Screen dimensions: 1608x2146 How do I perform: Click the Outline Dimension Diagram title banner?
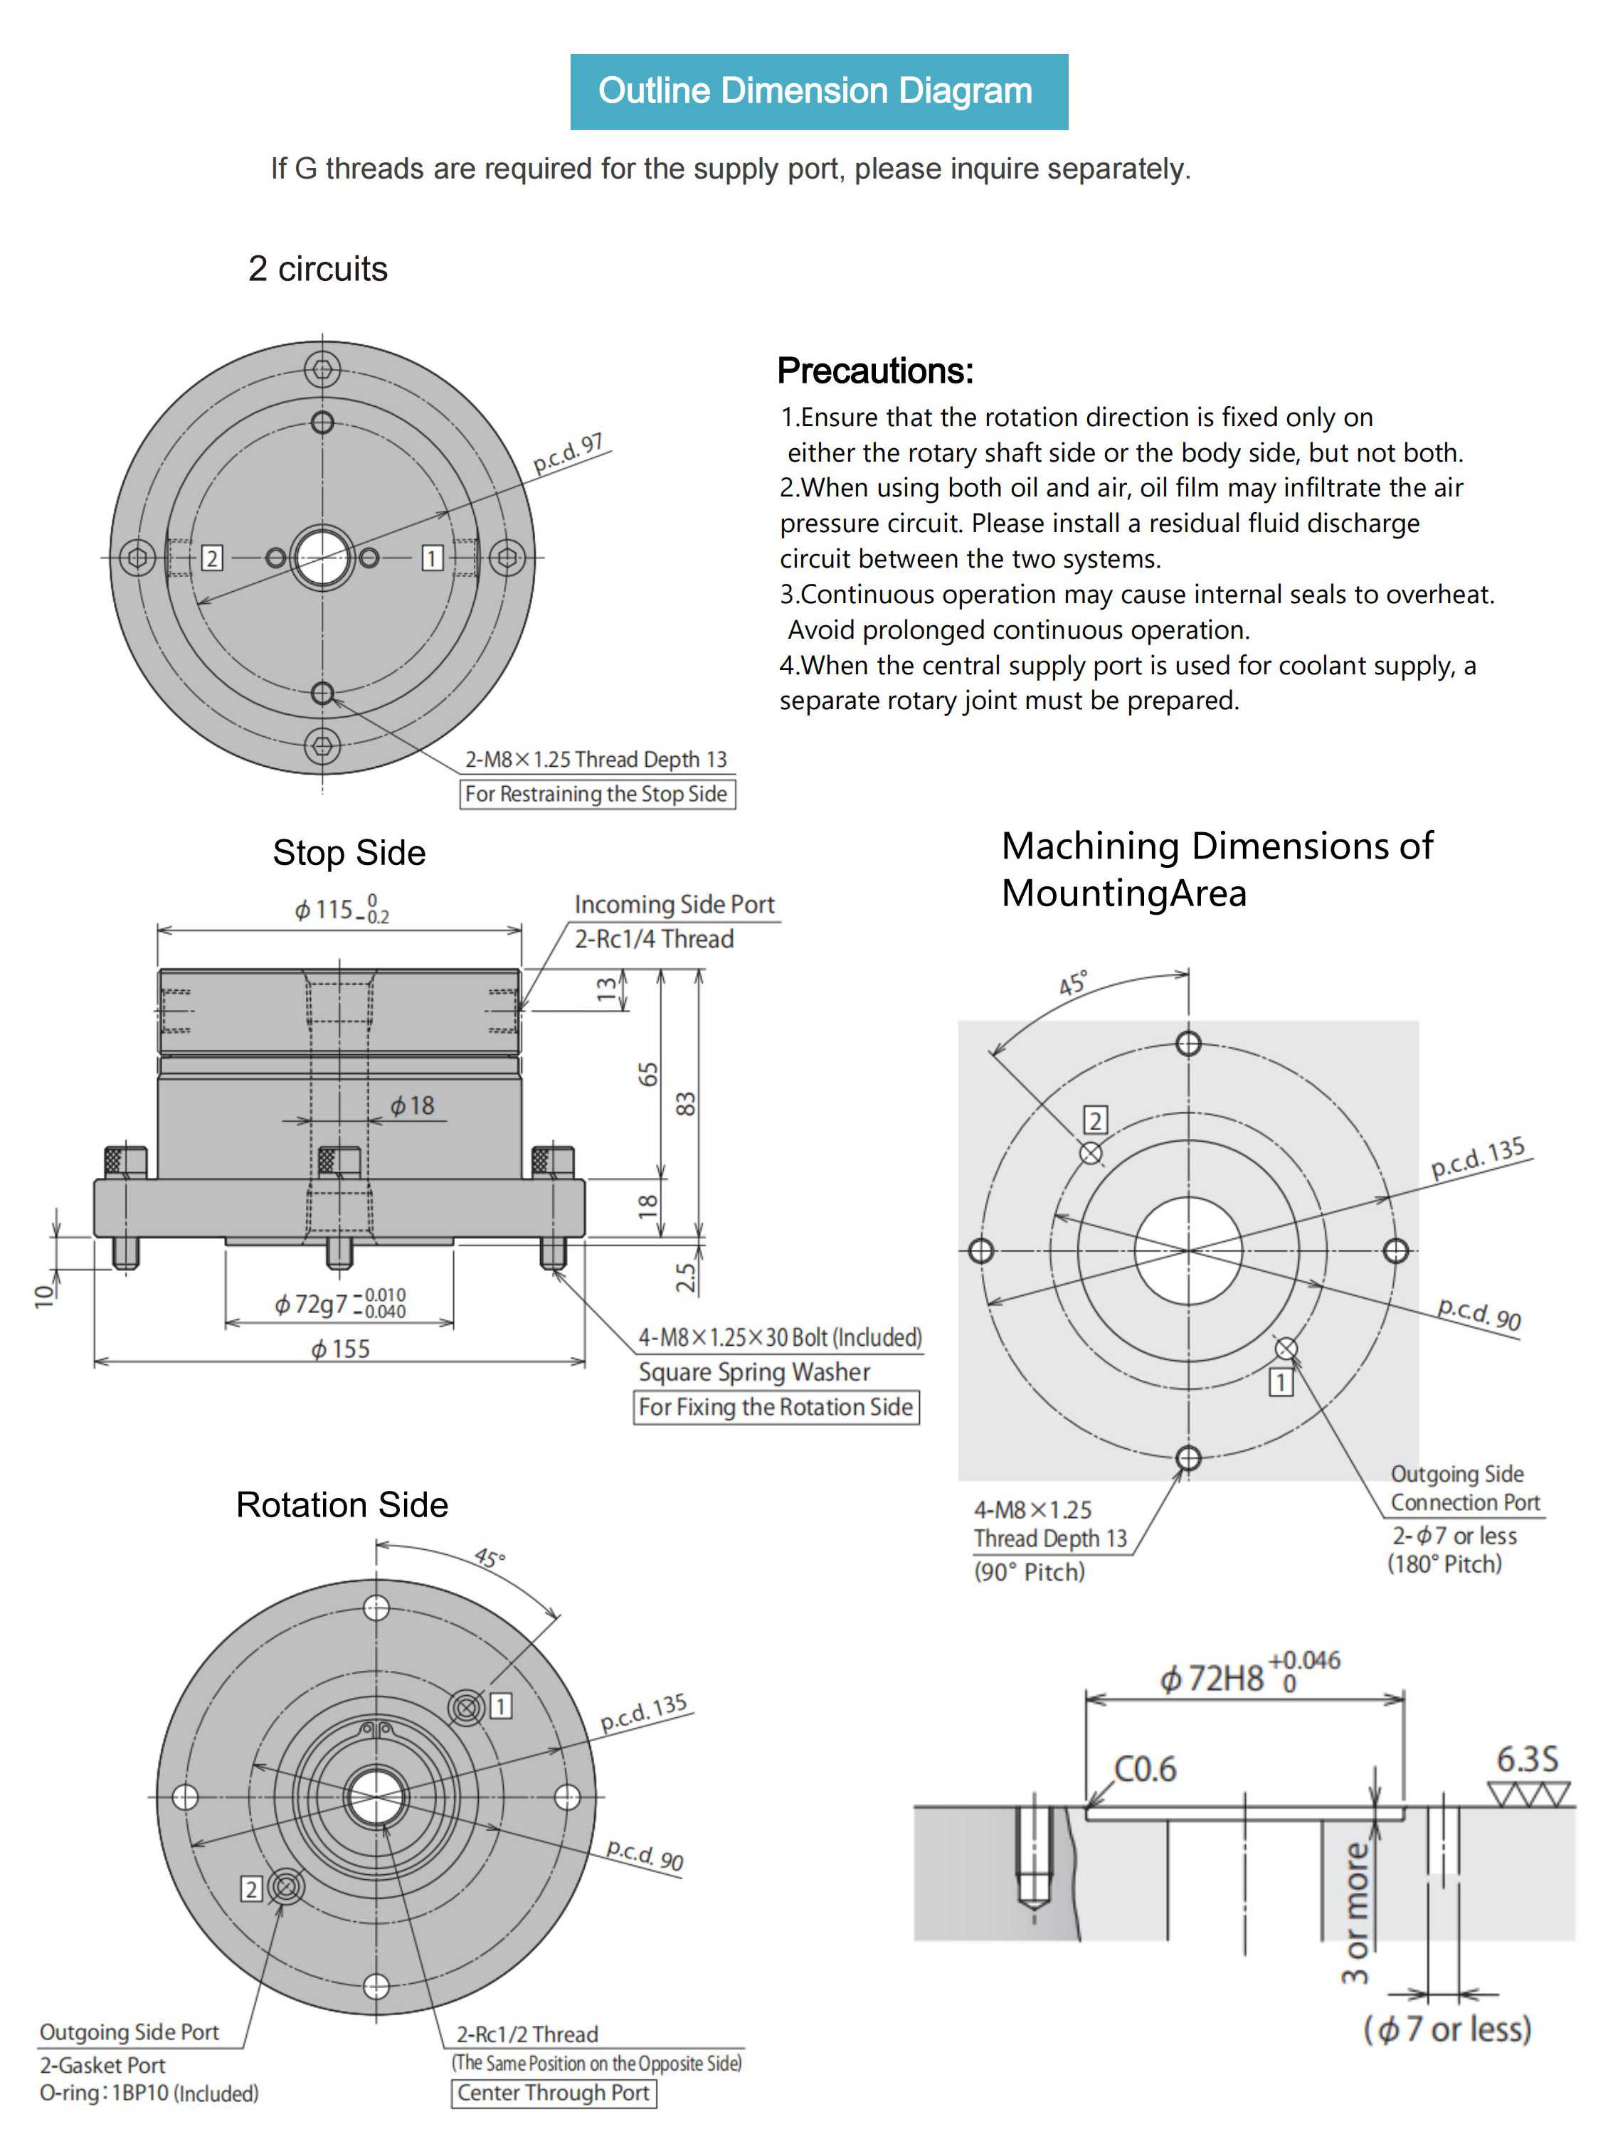[819, 91]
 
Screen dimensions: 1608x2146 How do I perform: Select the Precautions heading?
[875, 371]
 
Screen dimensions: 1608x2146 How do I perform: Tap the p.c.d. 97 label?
[568, 453]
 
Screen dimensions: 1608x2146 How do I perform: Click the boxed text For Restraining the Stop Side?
[597, 794]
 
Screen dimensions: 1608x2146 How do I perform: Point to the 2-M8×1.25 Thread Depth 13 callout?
[596, 760]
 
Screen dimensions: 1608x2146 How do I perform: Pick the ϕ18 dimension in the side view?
[413, 1105]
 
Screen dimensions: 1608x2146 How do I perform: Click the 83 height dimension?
[685, 1104]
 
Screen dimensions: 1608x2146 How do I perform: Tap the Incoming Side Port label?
[675, 904]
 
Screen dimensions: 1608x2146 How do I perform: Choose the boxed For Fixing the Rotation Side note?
[776, 1407]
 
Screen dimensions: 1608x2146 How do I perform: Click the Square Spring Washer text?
[754, 1372]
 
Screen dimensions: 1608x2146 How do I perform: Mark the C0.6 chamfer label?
[1145, 1768]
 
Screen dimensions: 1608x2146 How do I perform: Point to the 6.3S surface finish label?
[1528, 1759]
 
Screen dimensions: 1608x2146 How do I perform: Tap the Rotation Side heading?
[342, 1504]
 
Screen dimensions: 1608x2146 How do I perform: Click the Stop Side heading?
[349, 853]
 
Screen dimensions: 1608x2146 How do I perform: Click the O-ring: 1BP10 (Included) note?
[149, 2093]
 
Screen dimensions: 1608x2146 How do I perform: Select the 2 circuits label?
[318, 269]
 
